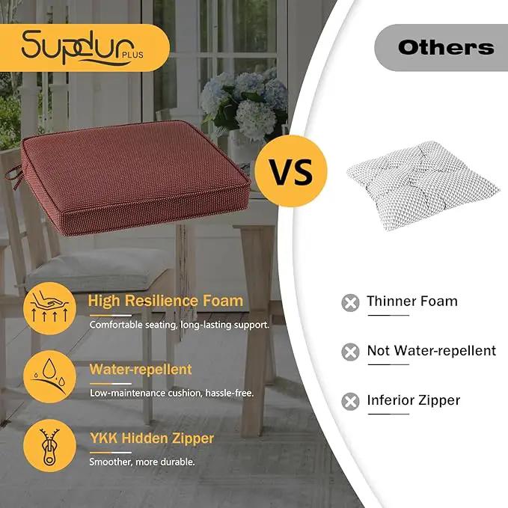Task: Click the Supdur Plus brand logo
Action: [x=82, y=47]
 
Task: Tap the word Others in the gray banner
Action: [x=446, y=48]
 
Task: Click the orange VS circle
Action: [x=290, y=171]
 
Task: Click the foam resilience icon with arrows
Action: [x=49, y=308]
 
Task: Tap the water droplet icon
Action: [x=49, y=377]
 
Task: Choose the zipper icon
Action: [x=49, y=445]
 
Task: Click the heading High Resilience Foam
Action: [x=165, y=301]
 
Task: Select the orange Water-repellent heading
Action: [x=141, y=370]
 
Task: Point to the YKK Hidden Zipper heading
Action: [x=152, y=438]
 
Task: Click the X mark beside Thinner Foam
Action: [x=350, y=303]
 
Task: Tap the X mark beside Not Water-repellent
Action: [x=350, y=352]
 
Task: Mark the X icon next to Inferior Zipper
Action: [x=350, y=402]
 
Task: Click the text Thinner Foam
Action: [x=412, y=301]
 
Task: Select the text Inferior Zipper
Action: [x=414, y=400]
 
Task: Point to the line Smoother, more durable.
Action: [x=142, y=462]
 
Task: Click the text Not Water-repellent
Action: [x=432, y=351]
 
